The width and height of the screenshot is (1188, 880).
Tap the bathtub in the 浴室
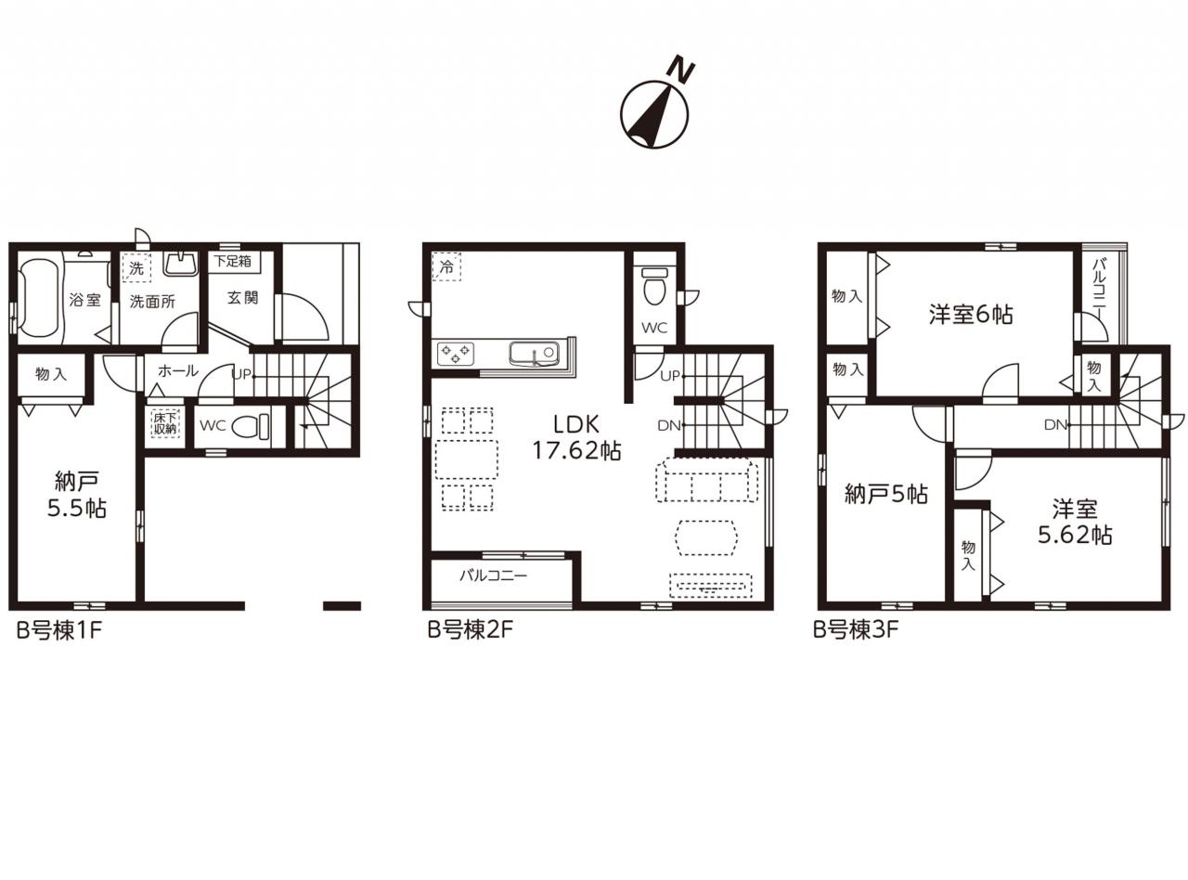coord(39,298)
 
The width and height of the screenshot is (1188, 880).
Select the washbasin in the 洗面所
coord(180,264)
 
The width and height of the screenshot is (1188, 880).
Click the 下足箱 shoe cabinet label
coord(232,262)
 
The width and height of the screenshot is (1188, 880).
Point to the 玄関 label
coord(242,297)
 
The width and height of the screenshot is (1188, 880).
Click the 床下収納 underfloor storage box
coord(165,423)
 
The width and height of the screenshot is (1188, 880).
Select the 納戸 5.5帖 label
coord(77,494)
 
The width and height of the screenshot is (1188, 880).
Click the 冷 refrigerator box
coord(446,267)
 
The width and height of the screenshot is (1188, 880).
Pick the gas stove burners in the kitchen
coord(456,354)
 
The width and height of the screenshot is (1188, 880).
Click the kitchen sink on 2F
coord(534,354)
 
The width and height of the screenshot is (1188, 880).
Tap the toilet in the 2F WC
coord(654,287)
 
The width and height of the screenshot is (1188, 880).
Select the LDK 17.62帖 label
coord(576,437)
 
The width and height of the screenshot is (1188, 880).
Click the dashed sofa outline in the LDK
coord(706,480)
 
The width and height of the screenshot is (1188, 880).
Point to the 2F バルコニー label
coord(494,576)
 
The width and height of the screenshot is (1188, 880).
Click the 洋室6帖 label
coord(971,315)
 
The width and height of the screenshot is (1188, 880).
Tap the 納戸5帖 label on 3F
coord(886,494)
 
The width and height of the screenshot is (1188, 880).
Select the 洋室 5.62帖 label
coord(1075,522)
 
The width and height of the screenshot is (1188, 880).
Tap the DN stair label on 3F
coord(1055,425)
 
